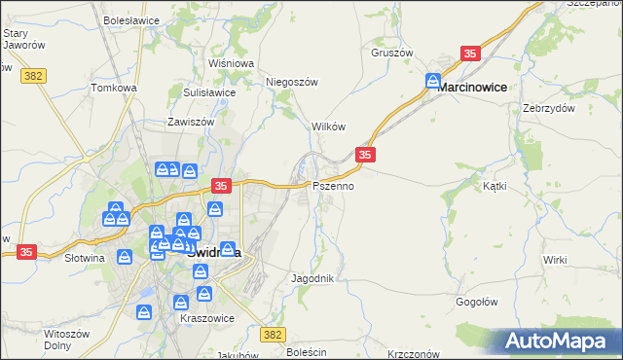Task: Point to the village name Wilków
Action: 328,126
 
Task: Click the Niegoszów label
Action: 292,83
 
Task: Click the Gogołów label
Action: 477,302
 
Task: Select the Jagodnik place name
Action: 312,278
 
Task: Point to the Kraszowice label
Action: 202,318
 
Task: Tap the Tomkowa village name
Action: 114,88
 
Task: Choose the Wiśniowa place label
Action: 231,63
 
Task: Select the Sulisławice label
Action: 209,92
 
